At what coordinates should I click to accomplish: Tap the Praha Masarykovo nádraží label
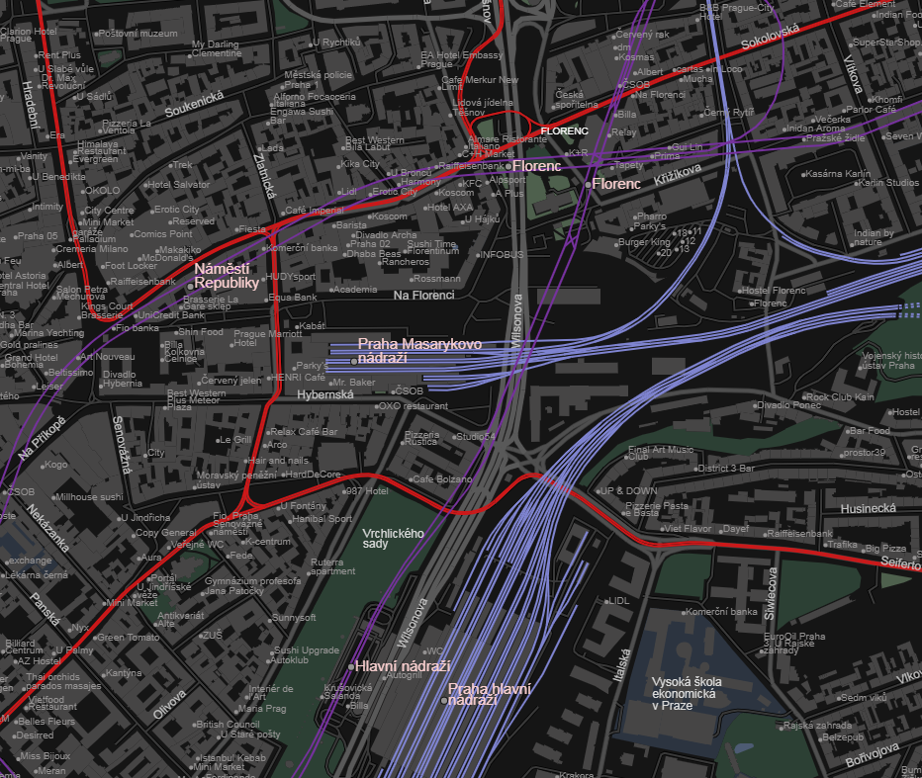pos(418,350)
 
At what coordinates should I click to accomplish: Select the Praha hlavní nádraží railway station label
pos(489,693)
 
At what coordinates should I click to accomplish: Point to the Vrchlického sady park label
pos(393,538)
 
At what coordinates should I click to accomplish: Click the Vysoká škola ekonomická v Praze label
pos(686,693)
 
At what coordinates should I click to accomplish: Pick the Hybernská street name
pos(325,394)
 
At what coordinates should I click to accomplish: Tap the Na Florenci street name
pos(422,295)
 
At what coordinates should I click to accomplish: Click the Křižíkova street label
pos(677,170)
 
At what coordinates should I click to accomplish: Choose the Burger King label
pos(643,241)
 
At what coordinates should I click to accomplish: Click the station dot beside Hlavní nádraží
pos(351,665)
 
